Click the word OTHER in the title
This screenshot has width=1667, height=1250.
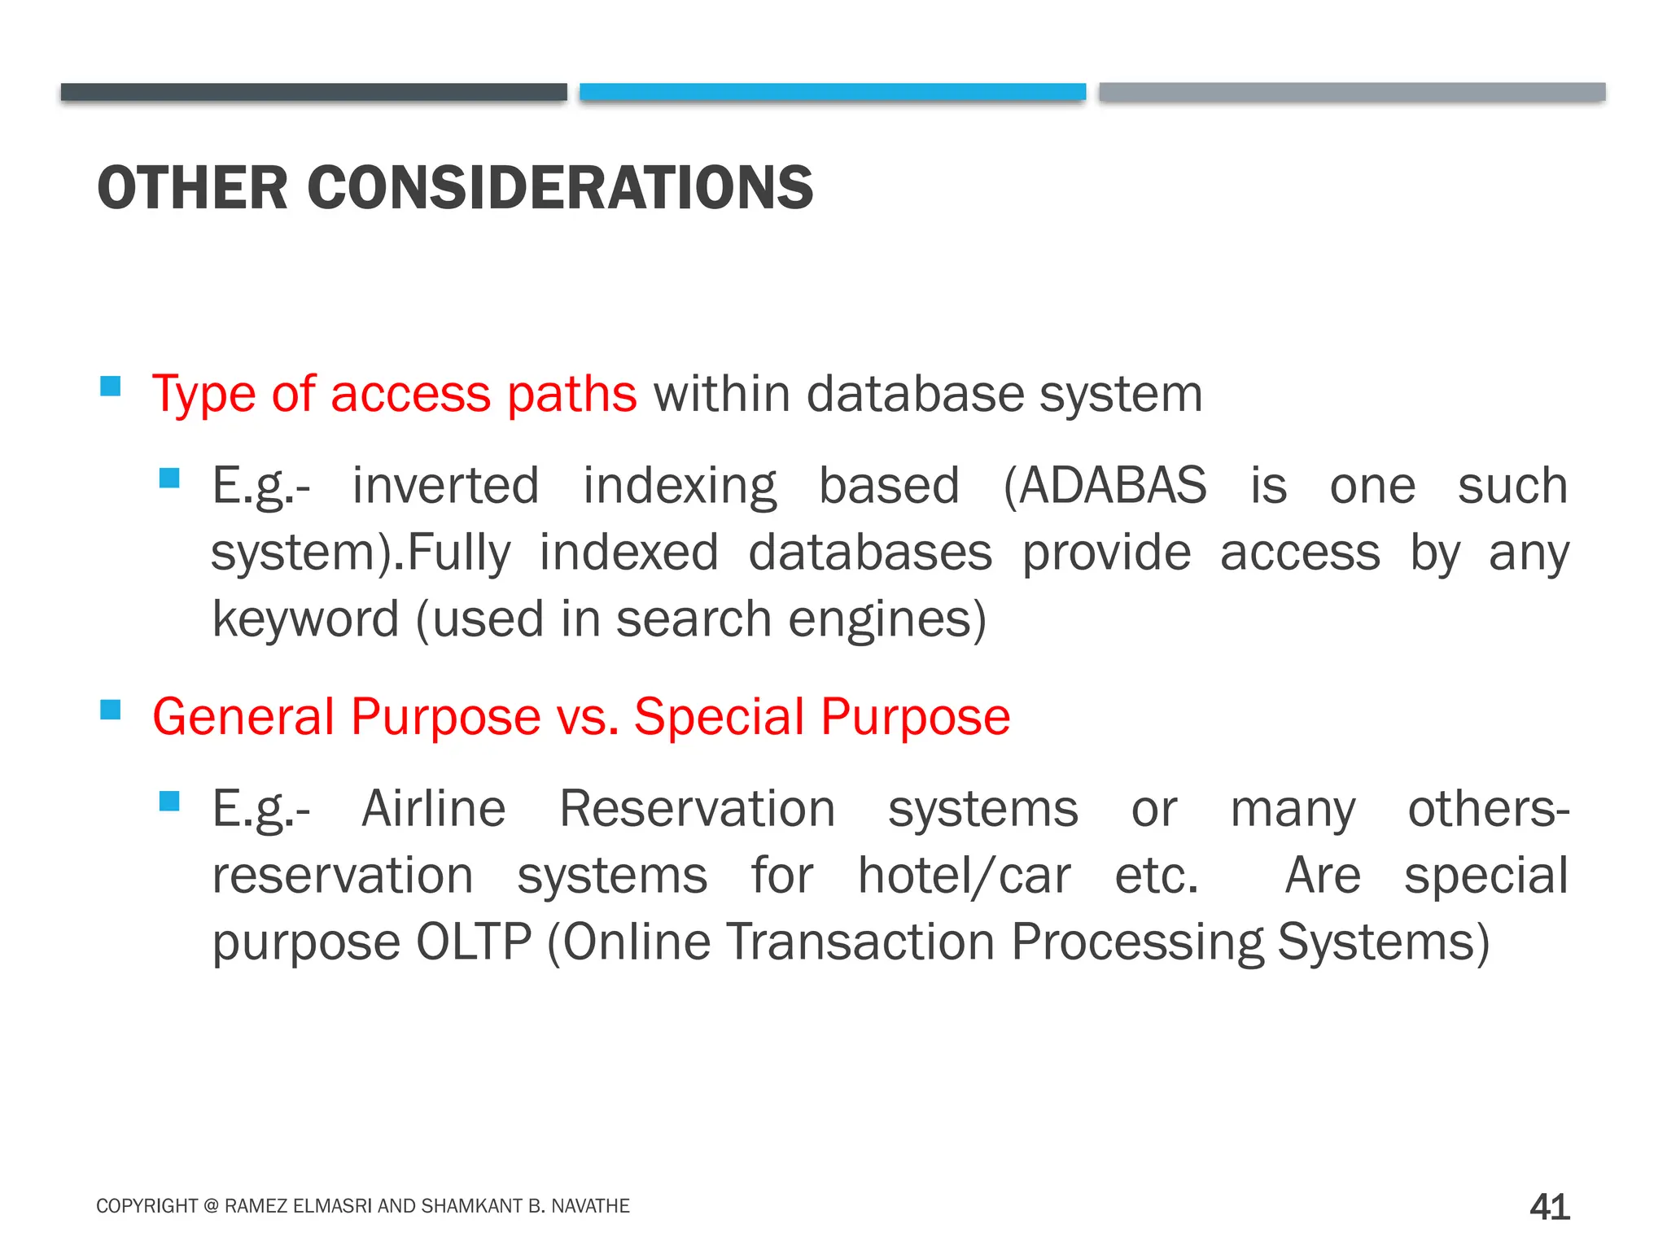coord(192,188)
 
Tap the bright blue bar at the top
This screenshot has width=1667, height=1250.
coord(832,91)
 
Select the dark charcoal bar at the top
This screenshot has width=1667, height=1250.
coord(313,92)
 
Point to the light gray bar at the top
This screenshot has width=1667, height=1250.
coord(1351,91)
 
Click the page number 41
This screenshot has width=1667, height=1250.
coord(1549,1206)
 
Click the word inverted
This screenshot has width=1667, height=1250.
coord(445,486)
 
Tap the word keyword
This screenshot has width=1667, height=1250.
coord(305,619)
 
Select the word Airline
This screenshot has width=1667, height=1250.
coord(433,809)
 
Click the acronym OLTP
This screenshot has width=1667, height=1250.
coord(474,942)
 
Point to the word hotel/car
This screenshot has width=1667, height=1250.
coord(964,876)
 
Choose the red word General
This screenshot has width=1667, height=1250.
coord(243,717)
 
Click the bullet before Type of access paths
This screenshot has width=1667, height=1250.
coord(110,385)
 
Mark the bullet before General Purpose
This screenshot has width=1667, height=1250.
coord(110,710)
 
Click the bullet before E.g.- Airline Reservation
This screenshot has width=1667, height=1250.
coord(169,802)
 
